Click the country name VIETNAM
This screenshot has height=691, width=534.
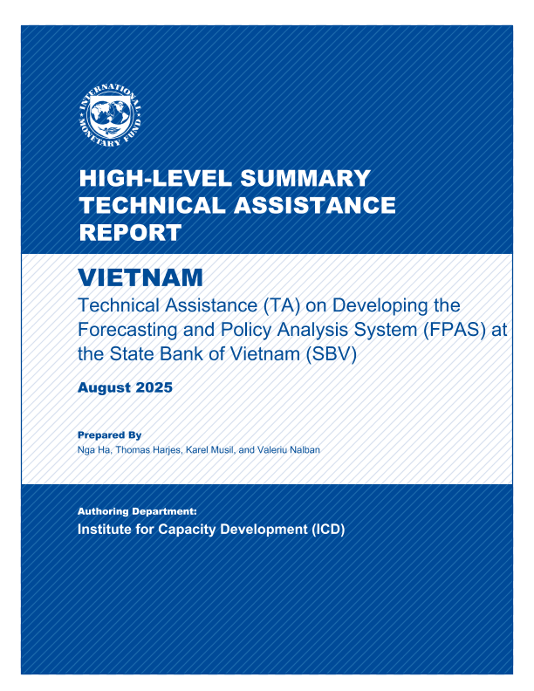[x=140, y=278]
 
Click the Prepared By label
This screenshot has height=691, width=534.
[x=109, y=434]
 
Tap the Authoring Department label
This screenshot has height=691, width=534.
[x=138, y=512]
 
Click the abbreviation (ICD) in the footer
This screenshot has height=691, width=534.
[x=326, y=530]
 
